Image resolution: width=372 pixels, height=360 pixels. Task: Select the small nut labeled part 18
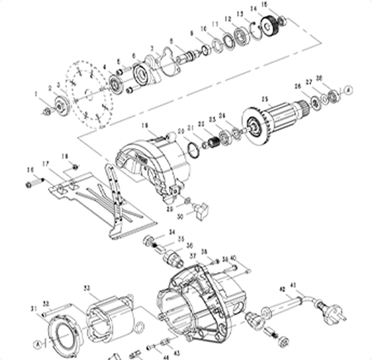pyautogui.click(x=76, y=166)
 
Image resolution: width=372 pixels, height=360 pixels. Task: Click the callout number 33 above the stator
pyautogui.click(x=87, y=288)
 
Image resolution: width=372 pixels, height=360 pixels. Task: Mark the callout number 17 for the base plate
pyautogui.click(x=46, y=164)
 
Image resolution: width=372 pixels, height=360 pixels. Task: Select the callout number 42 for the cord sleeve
pyautogui.click(x=282, y=289)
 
